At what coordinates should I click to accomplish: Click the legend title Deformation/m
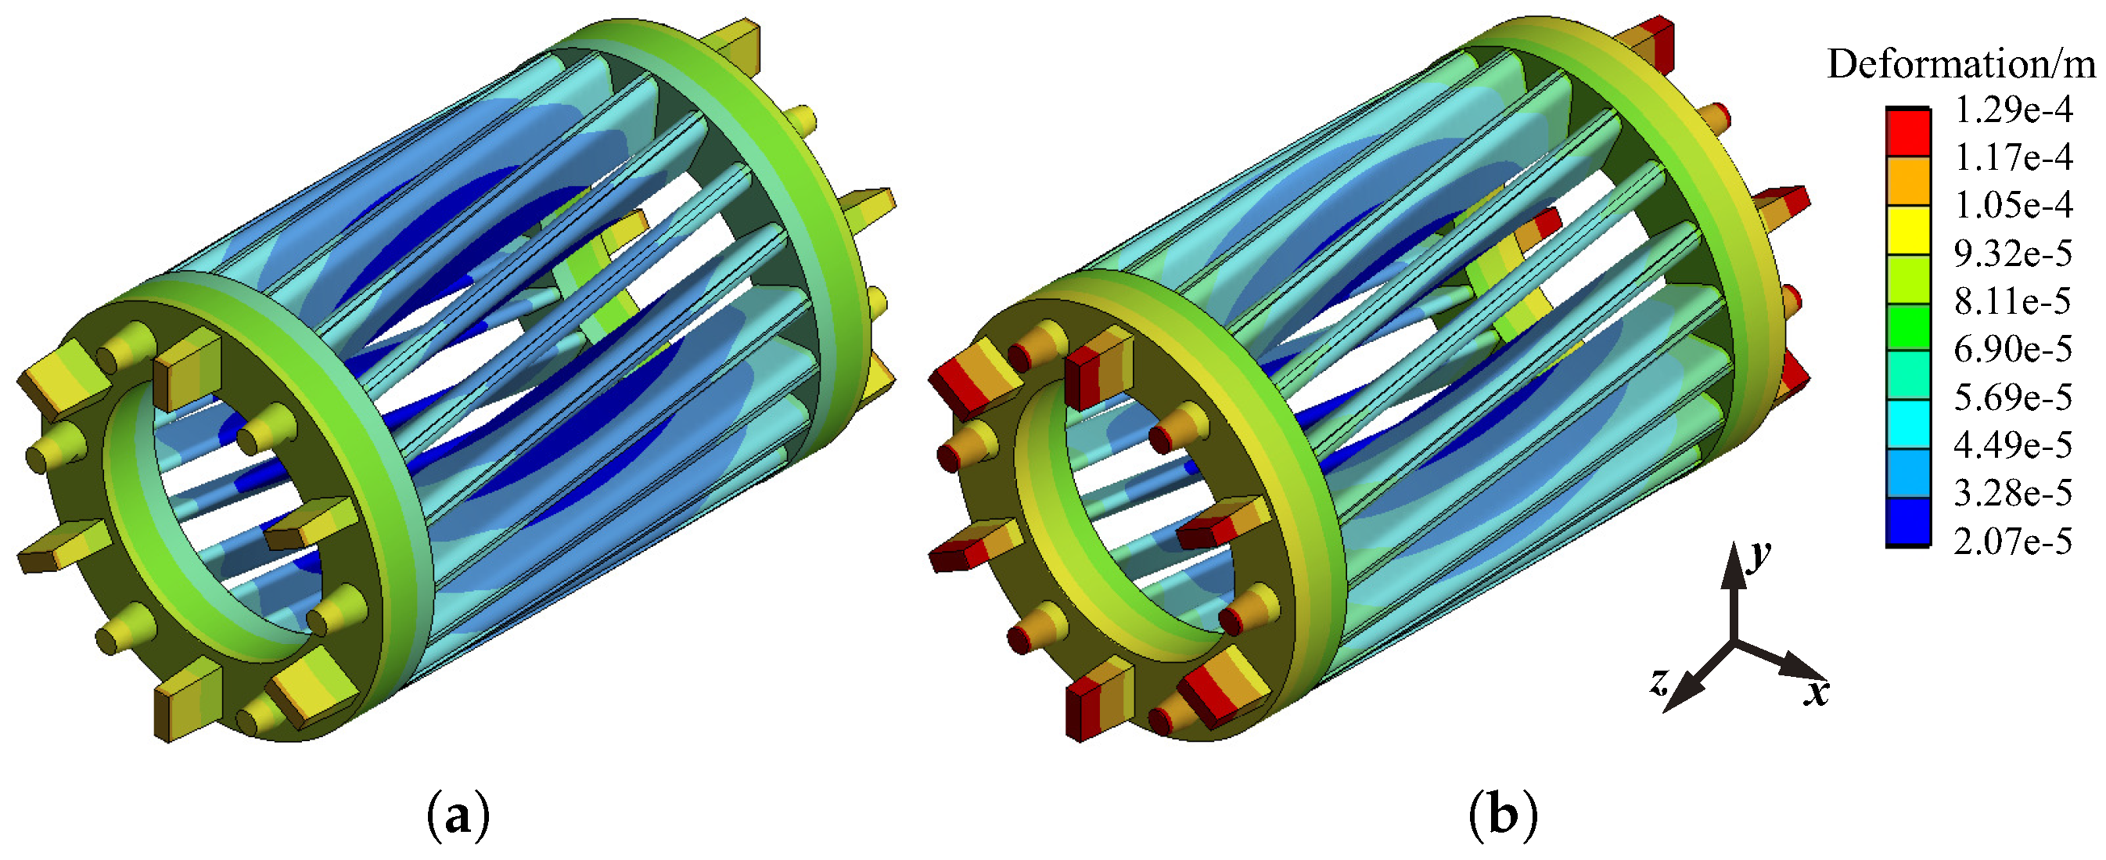tap(1961, 63)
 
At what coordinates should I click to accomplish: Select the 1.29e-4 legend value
tap(2013, 110)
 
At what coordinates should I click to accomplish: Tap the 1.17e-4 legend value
tap(2013, 157)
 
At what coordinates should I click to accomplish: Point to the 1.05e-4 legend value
tap(2013, 204)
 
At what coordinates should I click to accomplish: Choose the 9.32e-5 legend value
tap(2013, 254)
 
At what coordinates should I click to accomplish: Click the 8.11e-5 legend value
tap(2013, 300)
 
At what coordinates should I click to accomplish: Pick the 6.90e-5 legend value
tap(2013, 349)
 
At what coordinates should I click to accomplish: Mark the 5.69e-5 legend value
tap(2013, 397)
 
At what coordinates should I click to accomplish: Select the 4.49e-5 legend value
tap(2013, 444)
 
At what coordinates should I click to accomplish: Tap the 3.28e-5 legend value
tap(2013, 493)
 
